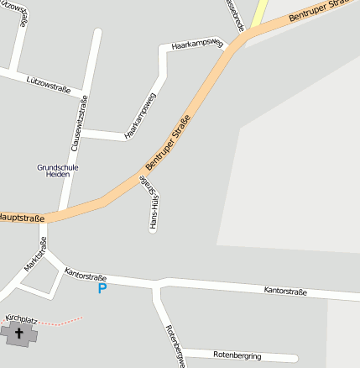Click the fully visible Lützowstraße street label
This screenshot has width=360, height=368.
47,84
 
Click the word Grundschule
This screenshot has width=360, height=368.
57,167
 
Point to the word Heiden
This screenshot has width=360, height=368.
57,176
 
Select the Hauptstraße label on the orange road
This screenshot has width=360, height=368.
21,218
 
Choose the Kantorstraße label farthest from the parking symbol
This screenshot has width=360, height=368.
285,292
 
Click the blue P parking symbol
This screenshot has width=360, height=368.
102,288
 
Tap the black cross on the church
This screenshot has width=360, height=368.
19,334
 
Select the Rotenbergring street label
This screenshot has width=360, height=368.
237,355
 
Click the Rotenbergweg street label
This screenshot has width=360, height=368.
175,345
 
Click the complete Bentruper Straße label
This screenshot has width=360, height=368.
167,142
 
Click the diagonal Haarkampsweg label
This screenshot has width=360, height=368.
140,115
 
